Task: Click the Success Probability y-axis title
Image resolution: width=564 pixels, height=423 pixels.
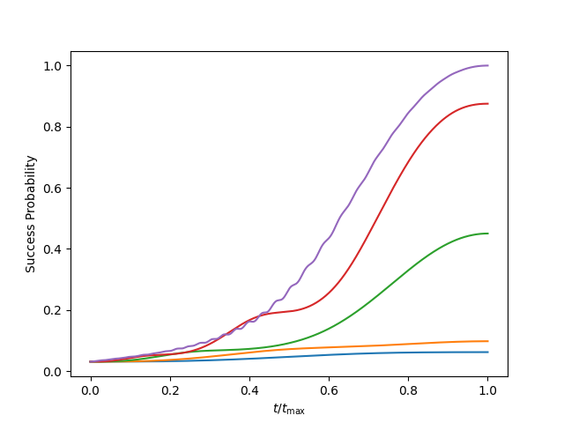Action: coord(31,214)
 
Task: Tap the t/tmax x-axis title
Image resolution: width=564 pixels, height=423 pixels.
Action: coord(289,410)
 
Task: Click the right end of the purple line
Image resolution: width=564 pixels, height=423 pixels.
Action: coord(487,66)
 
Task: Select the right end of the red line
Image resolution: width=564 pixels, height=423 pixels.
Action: coord(487,104)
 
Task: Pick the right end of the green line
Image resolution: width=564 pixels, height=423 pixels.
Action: coord(487,234)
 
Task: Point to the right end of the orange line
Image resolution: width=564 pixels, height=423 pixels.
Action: coord(487,341)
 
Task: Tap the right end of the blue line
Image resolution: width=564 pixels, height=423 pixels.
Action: coord(487,352)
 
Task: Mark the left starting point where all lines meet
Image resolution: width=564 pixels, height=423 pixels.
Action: coord(91,361)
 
